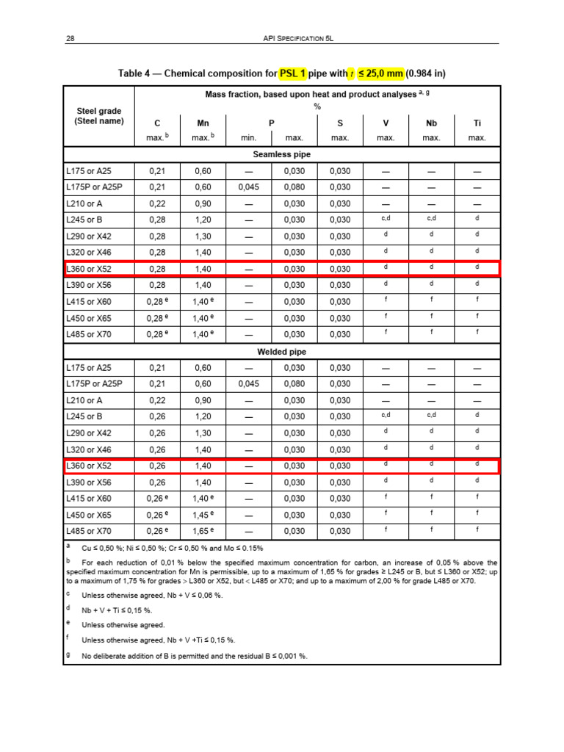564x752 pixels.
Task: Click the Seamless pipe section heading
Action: point(281,155)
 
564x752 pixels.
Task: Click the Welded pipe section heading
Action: point(281,352)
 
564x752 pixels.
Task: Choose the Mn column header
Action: point(203,123)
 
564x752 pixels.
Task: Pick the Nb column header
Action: point(431,123)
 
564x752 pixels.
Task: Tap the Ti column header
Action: point(477,123)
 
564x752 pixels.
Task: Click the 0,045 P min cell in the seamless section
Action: point(248,187)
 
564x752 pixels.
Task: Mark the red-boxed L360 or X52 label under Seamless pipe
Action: point(88,269)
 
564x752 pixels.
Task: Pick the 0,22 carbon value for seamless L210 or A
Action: point(157,203)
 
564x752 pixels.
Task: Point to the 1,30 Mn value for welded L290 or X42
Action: point(203,433)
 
